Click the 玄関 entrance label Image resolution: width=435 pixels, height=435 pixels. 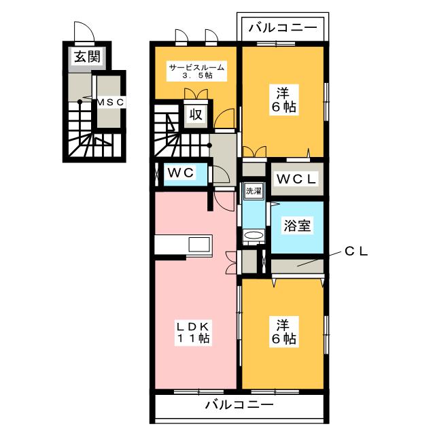(88, 57)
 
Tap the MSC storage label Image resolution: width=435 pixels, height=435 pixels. (110, 103)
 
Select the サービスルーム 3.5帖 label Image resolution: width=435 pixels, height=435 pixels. (197, 71)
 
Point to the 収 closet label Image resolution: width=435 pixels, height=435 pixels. (196, 114)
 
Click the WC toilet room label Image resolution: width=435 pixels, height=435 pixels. (181, 173)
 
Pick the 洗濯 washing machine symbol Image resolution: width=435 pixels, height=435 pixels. (254, 191)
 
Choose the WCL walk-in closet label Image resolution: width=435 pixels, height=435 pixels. (296, 179)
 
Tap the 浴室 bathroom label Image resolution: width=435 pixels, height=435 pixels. (297, 226)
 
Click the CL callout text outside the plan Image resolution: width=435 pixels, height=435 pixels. (356, 251)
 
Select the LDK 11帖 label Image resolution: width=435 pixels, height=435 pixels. (193, 333)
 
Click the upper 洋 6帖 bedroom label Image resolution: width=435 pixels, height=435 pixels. (283, 100)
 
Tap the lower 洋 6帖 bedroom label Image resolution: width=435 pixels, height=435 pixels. (283, 332)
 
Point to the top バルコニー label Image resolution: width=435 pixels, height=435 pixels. (283, 28)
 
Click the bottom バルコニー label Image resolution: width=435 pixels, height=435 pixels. (239, 405)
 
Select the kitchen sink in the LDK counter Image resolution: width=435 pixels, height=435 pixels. (199, 245)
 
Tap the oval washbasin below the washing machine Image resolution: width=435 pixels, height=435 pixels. (254, 235)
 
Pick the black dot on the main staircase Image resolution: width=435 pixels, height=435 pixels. (209, 145)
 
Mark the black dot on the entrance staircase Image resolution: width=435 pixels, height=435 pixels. (80, 101)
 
